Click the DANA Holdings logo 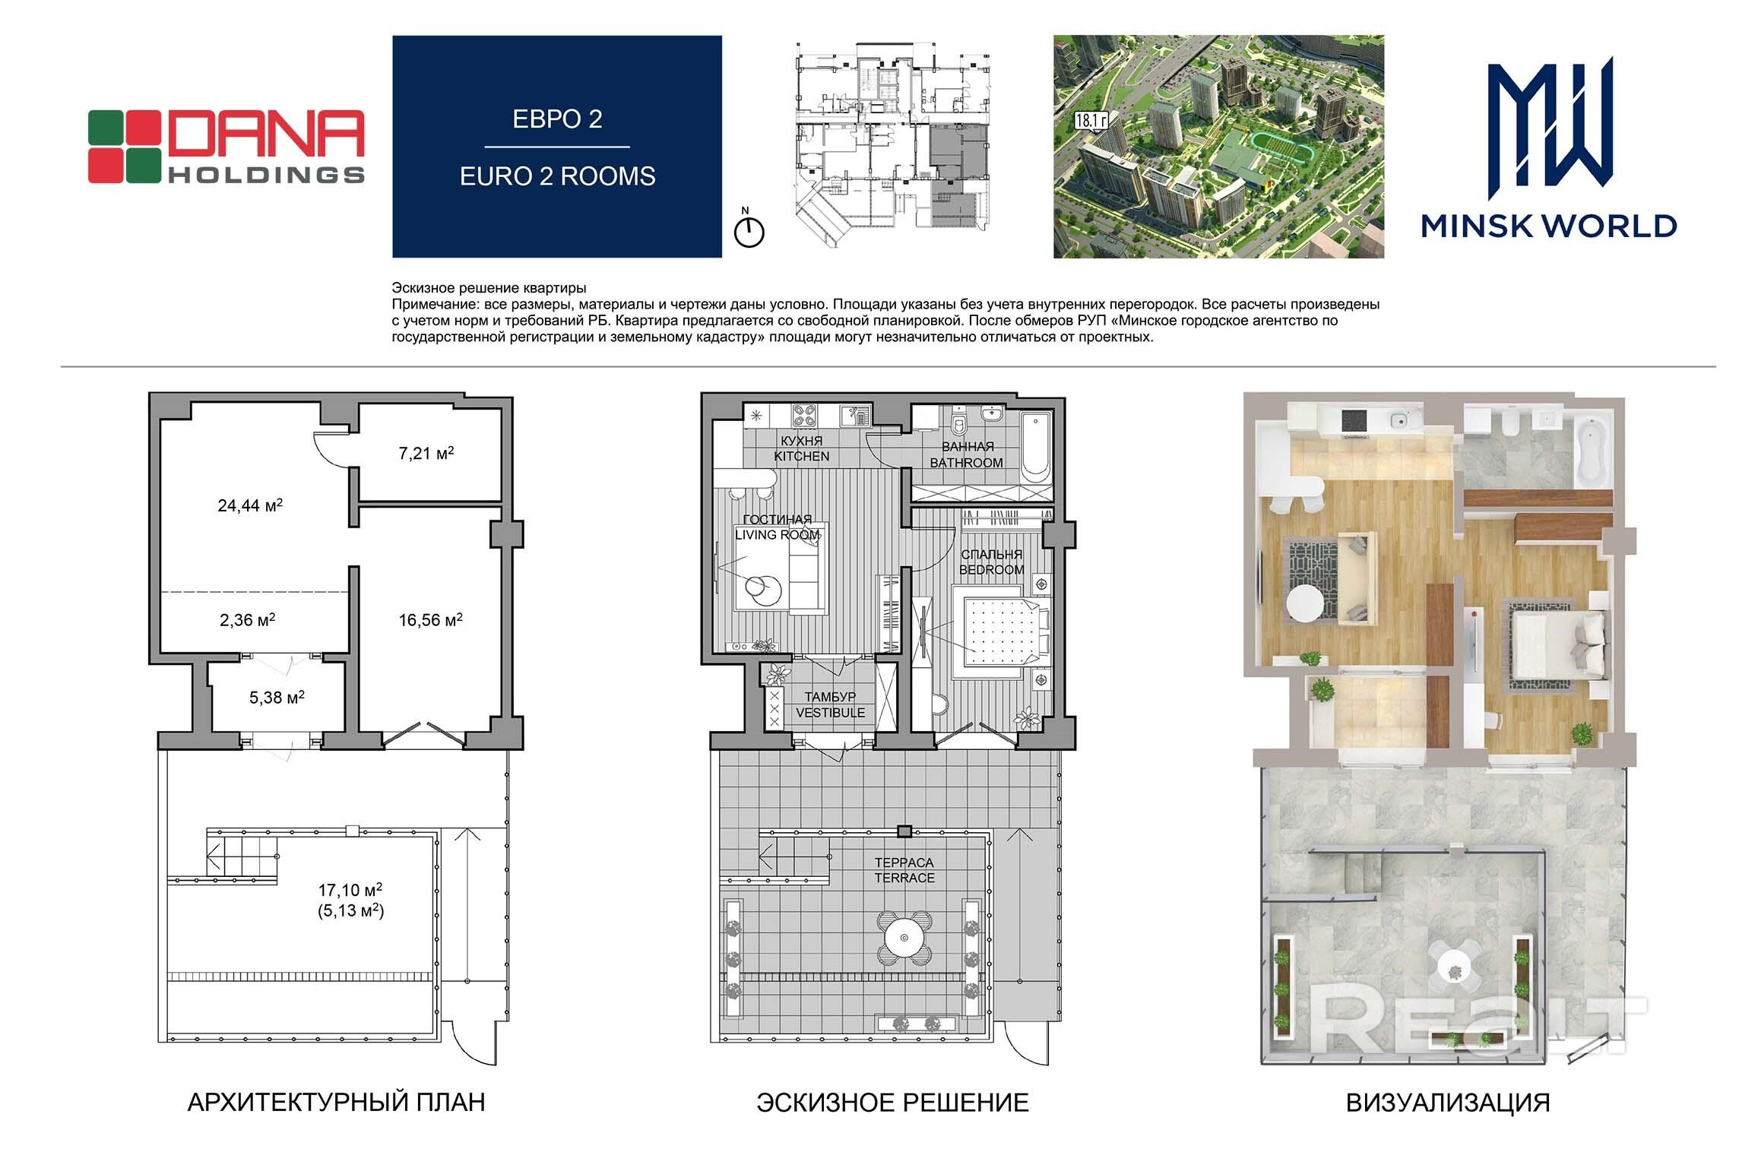click(226, 147)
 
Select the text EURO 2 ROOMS click(557, 176)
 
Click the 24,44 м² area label click(250, 505)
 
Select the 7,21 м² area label click(426, 454)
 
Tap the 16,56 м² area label click(431, 620)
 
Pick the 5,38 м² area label click(277, 697)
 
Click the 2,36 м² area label click(248, 620)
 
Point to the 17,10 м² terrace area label click(350, 890)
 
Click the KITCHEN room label click(801, 457)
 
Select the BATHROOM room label click(967, 463)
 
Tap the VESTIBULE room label click(831, 713)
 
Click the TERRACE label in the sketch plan click(904, 878)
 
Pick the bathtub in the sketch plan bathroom click(1035, 447)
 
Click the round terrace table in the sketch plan click(904, 937)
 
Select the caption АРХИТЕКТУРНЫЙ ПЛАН click(336, 1103)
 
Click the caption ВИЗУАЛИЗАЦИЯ click(1448, 1103)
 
